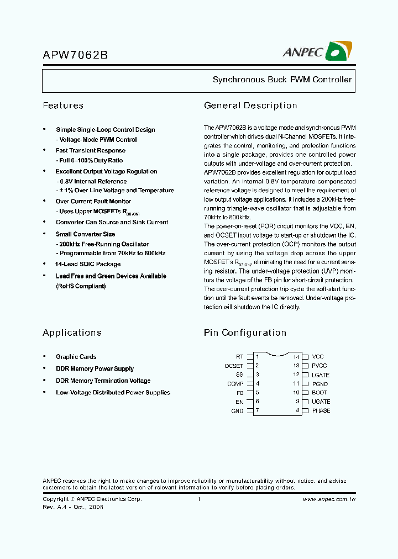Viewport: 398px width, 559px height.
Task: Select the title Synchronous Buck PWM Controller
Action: [282, 80]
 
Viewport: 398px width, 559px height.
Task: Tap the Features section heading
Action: [63, 106]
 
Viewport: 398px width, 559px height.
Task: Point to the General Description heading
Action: [250, 106]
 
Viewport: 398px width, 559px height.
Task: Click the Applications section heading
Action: [72, 333]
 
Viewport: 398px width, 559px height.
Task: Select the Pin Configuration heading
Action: [245, 333]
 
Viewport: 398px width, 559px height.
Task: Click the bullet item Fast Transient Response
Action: [90, 150]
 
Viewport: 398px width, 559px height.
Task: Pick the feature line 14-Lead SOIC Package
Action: [88, 264]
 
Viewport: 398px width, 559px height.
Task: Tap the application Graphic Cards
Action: [76, 357]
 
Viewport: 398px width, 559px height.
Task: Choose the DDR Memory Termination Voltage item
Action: [103, 381]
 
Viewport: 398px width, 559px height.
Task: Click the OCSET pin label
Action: [234, 366]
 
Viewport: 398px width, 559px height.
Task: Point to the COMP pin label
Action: [235, 383]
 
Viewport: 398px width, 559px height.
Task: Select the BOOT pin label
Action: [320, 393]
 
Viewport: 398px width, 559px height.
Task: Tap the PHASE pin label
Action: [321, 410]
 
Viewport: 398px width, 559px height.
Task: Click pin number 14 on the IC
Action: [296, 357]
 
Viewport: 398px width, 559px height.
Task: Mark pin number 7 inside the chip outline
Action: [258, 410]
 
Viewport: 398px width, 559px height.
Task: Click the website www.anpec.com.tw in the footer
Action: [329, 499]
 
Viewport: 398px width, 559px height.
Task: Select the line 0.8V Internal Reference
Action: [92, 181]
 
